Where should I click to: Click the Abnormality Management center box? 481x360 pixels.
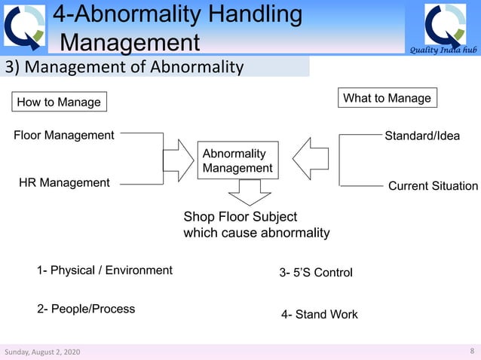point(237,160)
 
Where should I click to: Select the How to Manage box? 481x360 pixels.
point(58,102)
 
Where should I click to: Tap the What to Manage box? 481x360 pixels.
point(387,98)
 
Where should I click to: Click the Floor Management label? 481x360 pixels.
point(64,136)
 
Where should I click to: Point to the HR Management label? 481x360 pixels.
point(64,182)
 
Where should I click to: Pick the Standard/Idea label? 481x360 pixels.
point(422,136)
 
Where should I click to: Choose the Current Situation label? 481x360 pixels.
point(433,186)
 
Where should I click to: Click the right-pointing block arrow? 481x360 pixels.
point(179,159)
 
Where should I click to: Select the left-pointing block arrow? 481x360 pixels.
point(307,159)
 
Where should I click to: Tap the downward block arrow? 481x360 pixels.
point(244,193)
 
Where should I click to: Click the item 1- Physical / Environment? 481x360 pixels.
point(104,270)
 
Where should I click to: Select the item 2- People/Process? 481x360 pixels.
point(86,309)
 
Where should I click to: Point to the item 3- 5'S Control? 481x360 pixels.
point(316,273)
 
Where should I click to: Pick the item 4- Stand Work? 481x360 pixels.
point(320,314)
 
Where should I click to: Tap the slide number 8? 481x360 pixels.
point(471,351)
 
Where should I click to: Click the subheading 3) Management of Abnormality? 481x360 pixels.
point(124,68)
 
